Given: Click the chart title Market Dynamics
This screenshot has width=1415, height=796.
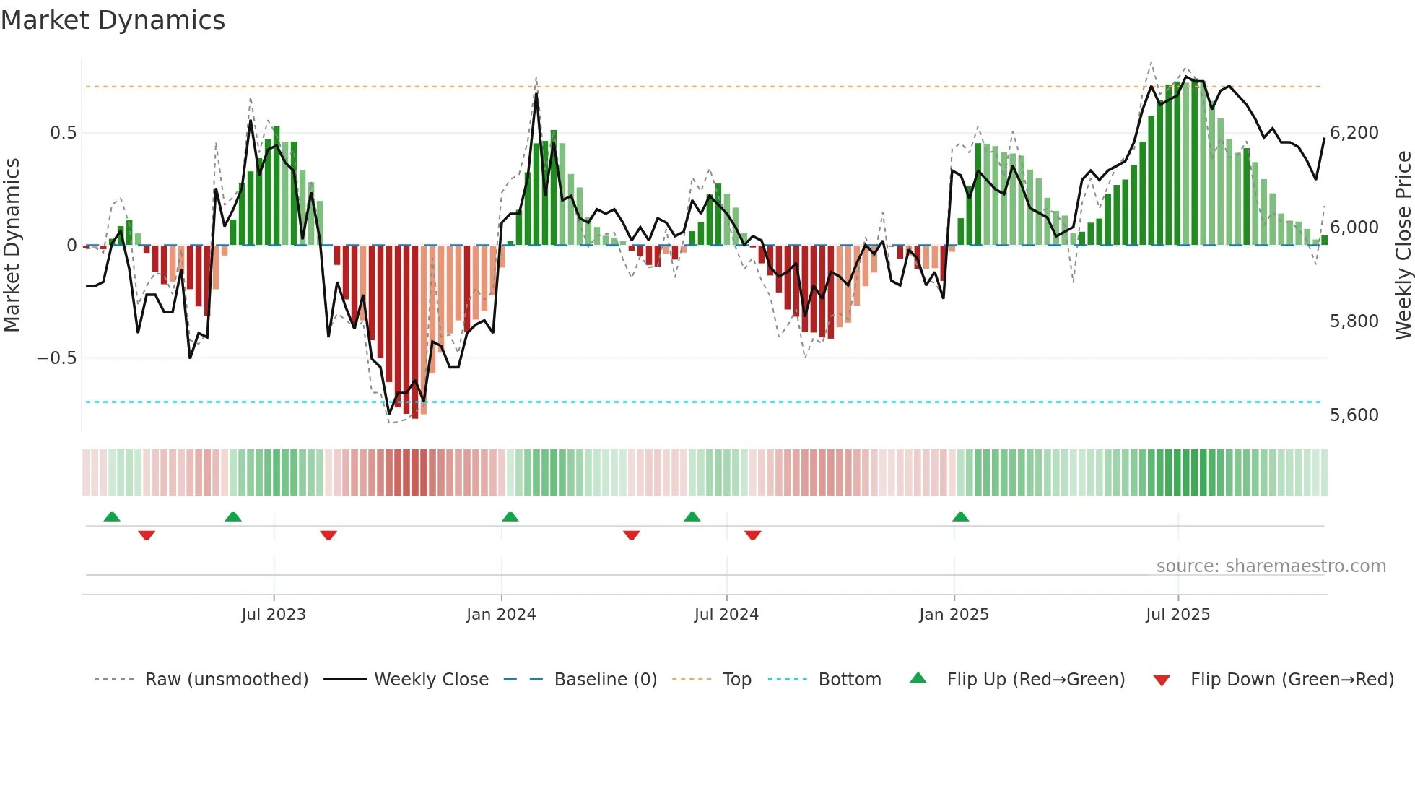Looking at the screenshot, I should [113, 20].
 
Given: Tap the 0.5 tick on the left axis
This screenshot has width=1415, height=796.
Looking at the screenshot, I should [63, 133].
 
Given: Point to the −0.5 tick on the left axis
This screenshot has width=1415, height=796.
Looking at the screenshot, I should [57, 358].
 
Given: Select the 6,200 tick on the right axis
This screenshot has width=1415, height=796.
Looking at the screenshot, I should [1354, 133].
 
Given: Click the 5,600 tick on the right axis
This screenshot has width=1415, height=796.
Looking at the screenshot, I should [1354, 415].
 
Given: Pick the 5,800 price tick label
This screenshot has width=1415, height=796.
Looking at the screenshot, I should [1354, 321].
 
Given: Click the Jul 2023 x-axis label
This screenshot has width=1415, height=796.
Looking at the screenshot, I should [274, 615].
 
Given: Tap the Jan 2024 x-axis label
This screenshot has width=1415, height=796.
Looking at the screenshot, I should [501, 615].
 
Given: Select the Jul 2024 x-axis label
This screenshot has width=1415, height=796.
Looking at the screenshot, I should [726, 615].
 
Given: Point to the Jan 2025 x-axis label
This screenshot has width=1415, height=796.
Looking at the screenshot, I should [954, 615].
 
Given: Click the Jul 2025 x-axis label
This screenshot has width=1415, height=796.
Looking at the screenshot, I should [1177, 615].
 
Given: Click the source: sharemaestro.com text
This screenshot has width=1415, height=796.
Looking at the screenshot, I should [1271, 566].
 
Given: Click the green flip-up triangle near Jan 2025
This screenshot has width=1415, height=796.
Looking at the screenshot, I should [960, 517].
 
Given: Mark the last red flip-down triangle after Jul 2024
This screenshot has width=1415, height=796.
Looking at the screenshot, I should [753, 535].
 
